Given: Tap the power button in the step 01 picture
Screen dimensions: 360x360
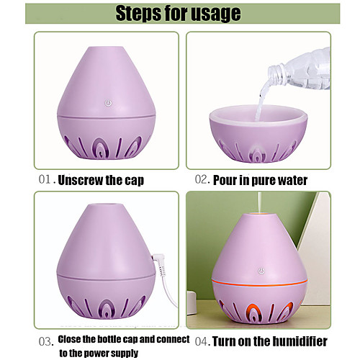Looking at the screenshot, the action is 108,103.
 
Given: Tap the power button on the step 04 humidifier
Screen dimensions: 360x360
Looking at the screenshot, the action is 261,271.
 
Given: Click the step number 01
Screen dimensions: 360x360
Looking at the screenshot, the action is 45,179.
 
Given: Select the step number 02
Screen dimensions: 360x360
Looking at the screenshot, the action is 201,179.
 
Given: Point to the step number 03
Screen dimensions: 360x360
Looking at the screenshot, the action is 45,342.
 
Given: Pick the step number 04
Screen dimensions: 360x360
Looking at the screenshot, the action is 201,341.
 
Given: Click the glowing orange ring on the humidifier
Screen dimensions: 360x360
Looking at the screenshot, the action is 260,283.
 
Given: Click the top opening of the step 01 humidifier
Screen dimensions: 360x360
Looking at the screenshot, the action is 107,47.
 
